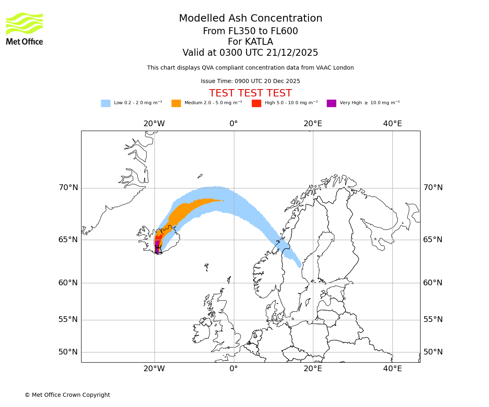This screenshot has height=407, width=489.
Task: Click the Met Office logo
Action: point(24,28)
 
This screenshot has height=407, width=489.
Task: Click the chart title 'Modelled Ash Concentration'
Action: point(250,18)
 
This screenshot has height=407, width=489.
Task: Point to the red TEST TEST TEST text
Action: point(250,93)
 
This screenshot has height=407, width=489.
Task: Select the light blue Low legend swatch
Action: point(106,103)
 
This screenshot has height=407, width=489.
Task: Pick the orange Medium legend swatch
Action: point(176,103)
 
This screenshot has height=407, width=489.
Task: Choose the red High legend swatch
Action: point(256,103)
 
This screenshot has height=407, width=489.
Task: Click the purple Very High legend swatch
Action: point(331,103)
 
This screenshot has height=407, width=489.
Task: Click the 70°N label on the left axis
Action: point(68,188)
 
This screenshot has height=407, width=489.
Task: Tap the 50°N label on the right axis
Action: point(433,352)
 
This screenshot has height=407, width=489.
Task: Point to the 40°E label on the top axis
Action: point(392,124)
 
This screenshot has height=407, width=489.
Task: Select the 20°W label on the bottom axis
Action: point(154,369)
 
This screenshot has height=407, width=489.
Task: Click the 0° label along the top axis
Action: point(233,124)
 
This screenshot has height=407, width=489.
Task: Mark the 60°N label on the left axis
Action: point(68,283)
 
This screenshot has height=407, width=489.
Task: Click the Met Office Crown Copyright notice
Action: point(67,395)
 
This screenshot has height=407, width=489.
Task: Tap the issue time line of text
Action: point(250,81)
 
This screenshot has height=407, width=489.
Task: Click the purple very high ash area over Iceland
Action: point(157,246)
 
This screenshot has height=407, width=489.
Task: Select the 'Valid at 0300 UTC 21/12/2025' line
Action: point(250,53)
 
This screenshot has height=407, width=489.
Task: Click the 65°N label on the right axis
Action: point(433,240)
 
